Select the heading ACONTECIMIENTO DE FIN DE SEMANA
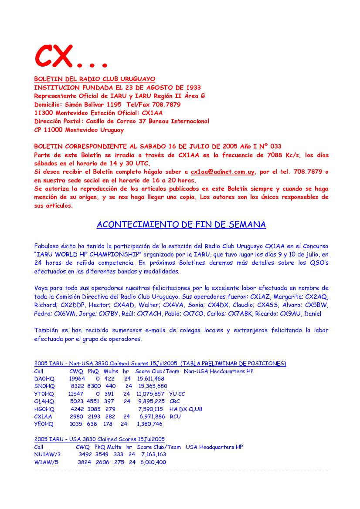181,225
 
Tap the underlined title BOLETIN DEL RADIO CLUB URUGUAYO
95,79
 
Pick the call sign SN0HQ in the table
44,386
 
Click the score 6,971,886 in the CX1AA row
151,417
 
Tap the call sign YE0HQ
44,424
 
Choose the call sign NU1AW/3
47,455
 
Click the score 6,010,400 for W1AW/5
153,462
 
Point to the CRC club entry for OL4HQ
174,401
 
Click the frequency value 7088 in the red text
266,155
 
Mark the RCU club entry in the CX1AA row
175,417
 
